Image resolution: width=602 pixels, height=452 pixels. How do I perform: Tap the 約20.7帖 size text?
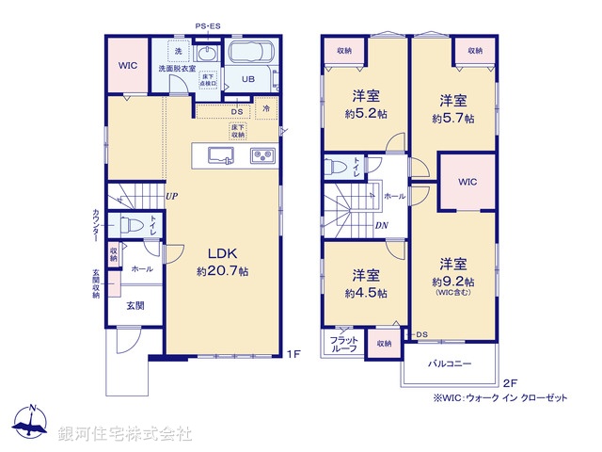click(x=222, y=271)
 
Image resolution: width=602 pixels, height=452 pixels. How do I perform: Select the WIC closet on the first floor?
click(x=127, y=67)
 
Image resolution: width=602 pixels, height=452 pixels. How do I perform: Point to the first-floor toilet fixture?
click(x=133, y=225)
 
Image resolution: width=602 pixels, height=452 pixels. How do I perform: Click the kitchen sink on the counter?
click(x=220, y=155)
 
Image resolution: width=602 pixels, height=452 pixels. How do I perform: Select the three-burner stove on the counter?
click(x=261, y=155)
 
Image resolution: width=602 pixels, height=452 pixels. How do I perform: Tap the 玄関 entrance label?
click(x=135, y=305)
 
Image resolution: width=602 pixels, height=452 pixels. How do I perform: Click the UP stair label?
click(x=172, y=197)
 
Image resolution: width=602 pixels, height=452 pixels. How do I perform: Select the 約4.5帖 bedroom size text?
click(x=366, y=292)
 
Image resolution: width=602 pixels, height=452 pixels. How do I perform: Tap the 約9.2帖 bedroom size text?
click(x=453, y=281)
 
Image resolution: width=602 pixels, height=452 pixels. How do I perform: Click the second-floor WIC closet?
click(x=467, y=182)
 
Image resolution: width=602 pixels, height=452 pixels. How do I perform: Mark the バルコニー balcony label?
click(x=451, y=362)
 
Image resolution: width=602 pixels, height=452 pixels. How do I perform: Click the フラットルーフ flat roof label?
click(x=344, y=344)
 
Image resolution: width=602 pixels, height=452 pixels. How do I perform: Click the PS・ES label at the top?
click(x=208, y=26)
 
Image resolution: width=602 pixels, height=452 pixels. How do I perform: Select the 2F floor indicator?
click(x=509, y=381)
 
